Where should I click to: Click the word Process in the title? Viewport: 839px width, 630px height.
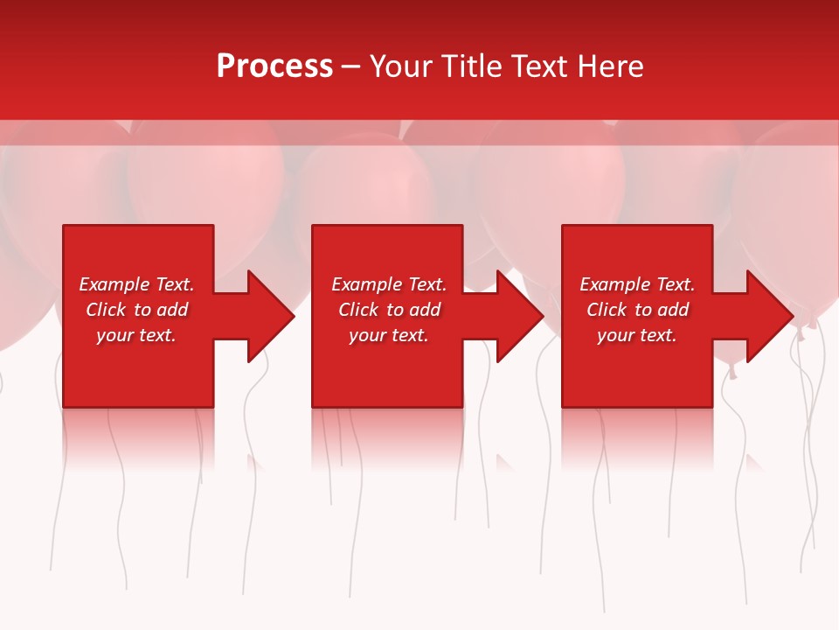(x=274, y=66)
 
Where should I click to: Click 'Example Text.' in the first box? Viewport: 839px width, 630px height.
(x=136, y=284)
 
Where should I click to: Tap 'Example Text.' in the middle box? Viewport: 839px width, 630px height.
(x=389, y=284)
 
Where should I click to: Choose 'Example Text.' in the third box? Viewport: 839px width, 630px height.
(x=637, y=284)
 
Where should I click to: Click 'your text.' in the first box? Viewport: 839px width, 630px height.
(x=136, y=335)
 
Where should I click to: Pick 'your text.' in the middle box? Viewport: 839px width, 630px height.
(x=389, y=335)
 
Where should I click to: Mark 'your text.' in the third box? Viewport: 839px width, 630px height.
(x=637, y=335)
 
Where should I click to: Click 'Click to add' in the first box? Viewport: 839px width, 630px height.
(x=136, y=310)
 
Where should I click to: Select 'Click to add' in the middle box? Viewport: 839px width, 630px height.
(x=389, y=310)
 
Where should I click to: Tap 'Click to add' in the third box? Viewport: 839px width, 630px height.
(x=637, y=310)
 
